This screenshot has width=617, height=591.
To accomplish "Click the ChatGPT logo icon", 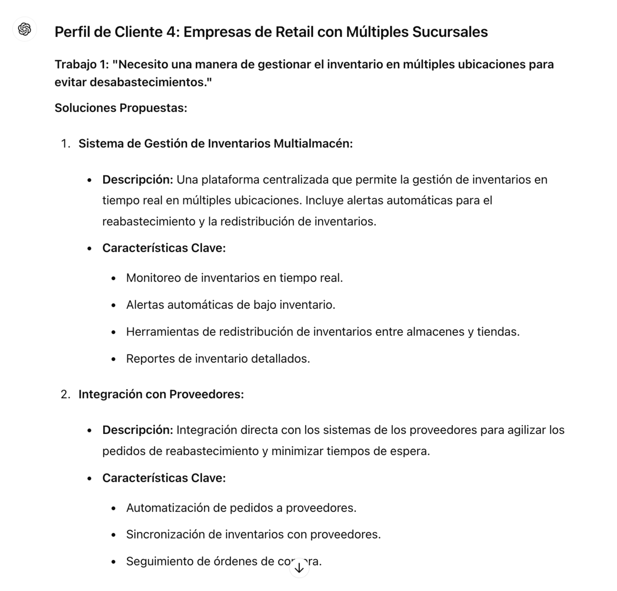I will click(24, 30).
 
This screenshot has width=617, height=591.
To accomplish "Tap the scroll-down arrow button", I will click(299, 568).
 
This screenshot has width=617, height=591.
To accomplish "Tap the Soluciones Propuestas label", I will click(121, 108).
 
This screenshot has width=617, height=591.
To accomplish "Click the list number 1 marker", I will click(65, 144).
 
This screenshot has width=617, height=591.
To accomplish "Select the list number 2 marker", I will click(65, 394).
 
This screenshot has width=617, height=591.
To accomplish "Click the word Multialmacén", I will click(313, 144).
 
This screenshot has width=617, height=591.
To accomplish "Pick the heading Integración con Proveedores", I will click(161, 394).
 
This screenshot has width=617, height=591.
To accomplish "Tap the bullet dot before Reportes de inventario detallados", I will click(113, 359).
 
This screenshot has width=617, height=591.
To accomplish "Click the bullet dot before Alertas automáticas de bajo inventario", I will click(113, 305).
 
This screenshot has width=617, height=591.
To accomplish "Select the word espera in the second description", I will click(410, 451).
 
